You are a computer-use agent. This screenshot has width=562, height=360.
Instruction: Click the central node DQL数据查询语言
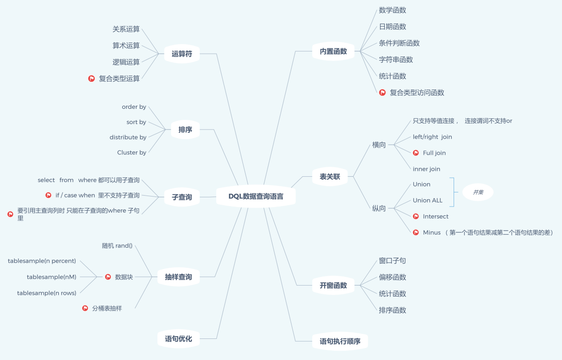pos(256,196)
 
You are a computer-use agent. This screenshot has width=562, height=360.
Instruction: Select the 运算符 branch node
pos(182,54)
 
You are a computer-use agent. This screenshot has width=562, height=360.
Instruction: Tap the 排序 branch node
pos(185,129)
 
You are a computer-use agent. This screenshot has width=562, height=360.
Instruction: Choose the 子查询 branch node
pos(182,197)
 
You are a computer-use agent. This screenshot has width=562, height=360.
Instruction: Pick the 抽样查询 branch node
pos(179,277)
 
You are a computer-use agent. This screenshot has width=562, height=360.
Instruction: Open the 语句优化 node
pos(179,339)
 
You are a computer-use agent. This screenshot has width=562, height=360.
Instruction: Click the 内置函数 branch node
pos(333,51)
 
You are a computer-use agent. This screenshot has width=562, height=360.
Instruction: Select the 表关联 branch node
pos(330,176)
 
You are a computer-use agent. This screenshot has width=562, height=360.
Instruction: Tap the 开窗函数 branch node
pos(333,285)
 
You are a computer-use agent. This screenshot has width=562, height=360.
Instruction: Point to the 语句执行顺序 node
pos(340,341)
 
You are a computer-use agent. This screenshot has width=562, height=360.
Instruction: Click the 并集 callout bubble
pos(478,192)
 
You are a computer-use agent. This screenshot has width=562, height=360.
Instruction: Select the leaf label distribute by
pos(128,137)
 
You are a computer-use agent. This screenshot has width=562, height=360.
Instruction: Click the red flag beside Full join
pos(416,153)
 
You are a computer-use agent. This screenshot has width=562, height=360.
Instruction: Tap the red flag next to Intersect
pos(416,216)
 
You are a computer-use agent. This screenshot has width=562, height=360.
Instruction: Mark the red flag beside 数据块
pos(108,277)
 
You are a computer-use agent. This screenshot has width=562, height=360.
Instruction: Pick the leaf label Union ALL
pos(427,201)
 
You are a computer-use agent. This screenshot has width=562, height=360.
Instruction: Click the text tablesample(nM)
pos(51,277)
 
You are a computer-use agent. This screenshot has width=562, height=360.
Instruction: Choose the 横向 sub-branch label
pos(379,145)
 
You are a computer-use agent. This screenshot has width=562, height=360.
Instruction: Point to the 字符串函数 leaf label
pos(396,60)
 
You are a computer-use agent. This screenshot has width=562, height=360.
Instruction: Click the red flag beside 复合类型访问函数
pos(382,93)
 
